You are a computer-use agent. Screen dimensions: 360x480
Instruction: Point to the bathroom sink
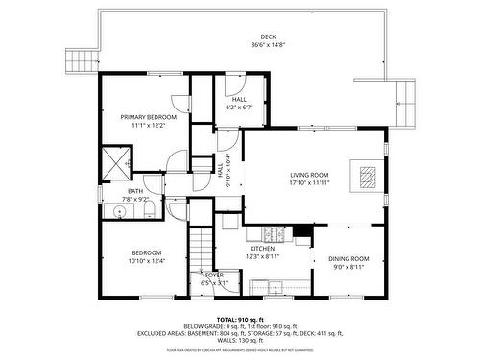pos(120,211)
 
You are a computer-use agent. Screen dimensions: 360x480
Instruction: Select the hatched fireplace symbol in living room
pos(368,176)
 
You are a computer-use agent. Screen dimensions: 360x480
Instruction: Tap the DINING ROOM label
pos(348,258)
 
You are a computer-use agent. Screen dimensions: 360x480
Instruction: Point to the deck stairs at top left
pos(81,60)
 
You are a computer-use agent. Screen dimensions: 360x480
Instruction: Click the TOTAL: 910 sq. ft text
pos(240,318)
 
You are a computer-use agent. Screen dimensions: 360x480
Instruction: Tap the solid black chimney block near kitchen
pos(302,231)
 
